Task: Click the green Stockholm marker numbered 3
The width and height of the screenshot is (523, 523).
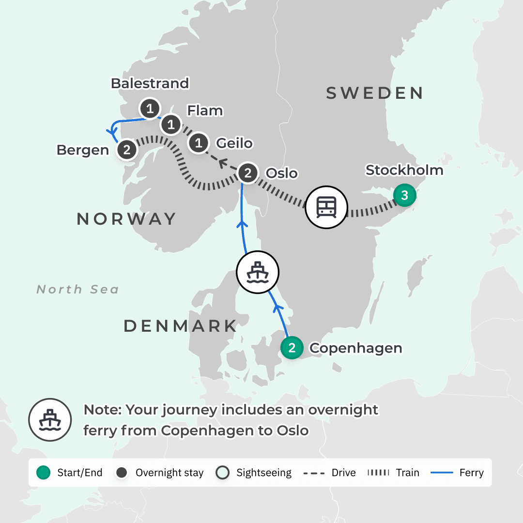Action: [x=404, y=196]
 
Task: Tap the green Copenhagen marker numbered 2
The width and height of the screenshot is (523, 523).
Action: [x=292, y=348]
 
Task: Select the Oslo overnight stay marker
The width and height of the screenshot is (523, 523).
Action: [x=248, y=173]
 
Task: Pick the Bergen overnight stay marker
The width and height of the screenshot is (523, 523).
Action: [x=127, y=150]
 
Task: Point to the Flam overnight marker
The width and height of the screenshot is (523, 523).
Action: [x=170, y=125]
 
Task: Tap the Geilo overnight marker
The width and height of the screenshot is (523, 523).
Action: [x=198, y=143]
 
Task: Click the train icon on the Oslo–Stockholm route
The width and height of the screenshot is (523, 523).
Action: [x=327, y=208]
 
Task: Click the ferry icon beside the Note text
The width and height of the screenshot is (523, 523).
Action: [x=50, y=419]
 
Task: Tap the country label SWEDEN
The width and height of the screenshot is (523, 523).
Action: [x=374, y=93]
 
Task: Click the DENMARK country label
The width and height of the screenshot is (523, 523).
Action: [x=180, y=326]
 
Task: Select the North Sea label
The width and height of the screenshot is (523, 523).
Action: [x=77, y=290]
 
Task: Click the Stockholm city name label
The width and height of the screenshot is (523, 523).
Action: [x=404, y=170]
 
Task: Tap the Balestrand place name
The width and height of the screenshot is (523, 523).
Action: [x=150, y=83]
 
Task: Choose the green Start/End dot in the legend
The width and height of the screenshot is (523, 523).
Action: [x=44, y=473]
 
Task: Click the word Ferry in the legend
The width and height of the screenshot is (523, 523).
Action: [x=471, y=473]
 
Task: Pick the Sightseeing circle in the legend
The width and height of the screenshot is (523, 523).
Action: [x=223, y=473]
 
